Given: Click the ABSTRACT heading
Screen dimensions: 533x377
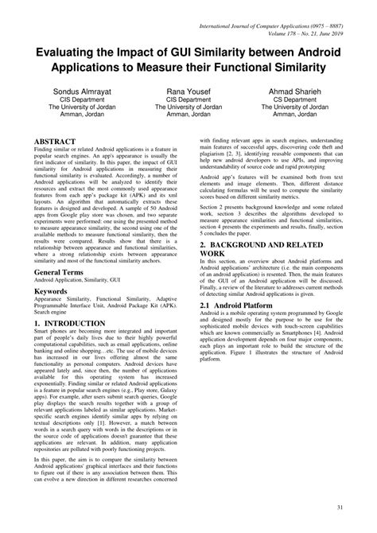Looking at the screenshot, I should [x=56, y=140].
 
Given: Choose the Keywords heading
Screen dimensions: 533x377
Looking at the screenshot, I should [x=51, y=291].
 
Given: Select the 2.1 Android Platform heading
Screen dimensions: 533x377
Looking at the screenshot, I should [x=236, y=305].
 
